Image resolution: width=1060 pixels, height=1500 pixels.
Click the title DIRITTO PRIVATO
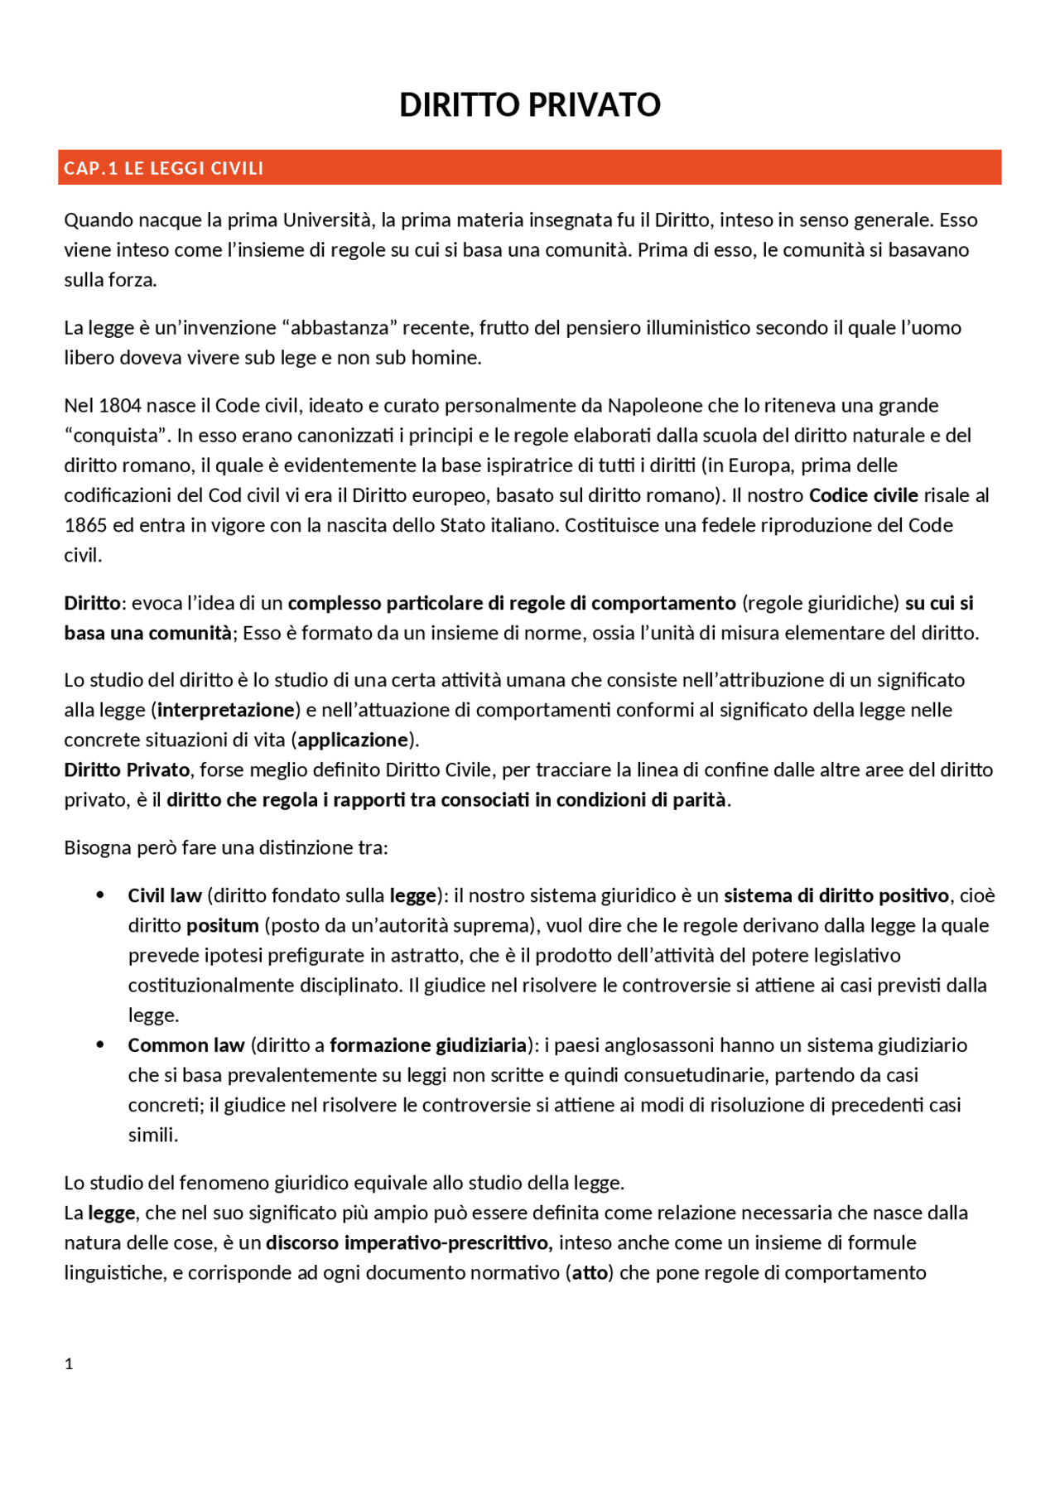tap(529, 105)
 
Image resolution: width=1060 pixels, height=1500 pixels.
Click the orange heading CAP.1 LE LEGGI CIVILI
tap(164, 168)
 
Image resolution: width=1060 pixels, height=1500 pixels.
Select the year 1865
tap(84, 525)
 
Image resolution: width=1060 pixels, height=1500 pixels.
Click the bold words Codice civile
tap(863, 495)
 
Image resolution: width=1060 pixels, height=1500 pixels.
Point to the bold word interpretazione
tap(226, 710)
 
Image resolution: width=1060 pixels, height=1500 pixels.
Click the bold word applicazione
tap(354, 740)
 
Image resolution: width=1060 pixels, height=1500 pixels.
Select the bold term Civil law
tap(165, 895)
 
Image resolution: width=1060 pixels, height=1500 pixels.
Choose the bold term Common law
tap(186, 1045)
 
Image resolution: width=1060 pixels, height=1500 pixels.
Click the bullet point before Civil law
tap(100, 895)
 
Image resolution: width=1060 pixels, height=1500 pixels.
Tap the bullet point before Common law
tap(100, 1044)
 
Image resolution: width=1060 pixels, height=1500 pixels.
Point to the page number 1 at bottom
tap(69, 1364)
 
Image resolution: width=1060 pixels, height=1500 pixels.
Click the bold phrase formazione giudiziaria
tap(428, 1045)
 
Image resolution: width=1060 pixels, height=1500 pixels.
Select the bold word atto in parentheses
tap(590, 1272)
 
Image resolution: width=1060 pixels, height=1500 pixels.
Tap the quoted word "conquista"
tap(117, 436)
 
